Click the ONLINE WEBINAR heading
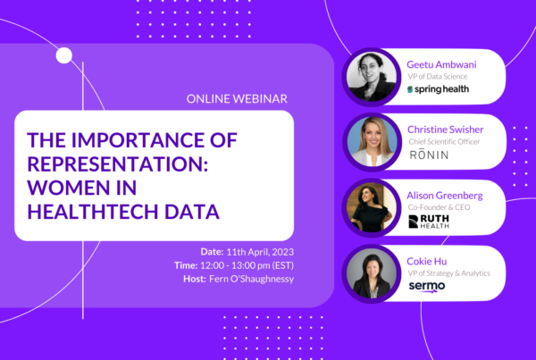(237, 99)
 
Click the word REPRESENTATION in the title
(118, 164)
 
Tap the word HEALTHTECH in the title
(93, 212)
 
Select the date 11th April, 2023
(260, 252)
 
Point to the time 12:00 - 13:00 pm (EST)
(247, 265)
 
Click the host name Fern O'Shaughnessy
(252, 279)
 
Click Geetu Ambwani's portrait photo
(372, 77)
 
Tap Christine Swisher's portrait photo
(373, 142)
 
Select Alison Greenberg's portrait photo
(372, 207)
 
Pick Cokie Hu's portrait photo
(372, 273)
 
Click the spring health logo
(438, 89)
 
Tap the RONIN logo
(429, 155)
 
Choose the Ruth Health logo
(429, 222)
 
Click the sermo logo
(427, 287)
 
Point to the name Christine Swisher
(446, 130)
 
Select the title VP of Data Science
(438, 77)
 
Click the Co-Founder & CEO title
(439, 207)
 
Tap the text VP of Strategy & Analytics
(448, 273)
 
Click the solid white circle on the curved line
(64, 55)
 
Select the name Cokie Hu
(427, 262)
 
